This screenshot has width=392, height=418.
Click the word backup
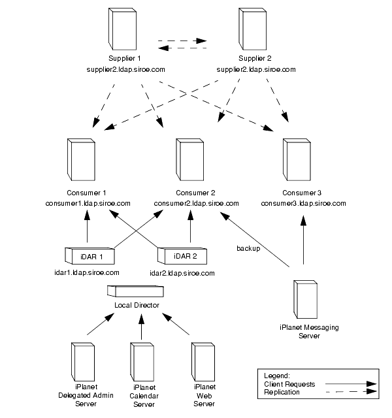point(248,248)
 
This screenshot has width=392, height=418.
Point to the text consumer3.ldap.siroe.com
point(303,203)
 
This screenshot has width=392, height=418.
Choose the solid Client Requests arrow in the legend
point(350,384)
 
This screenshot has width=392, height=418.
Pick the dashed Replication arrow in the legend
point(350,392)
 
